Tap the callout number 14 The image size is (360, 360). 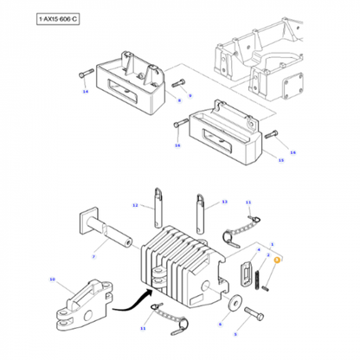point(85,90)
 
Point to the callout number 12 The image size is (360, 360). point(135,205)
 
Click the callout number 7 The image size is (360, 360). point(93,258)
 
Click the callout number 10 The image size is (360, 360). point(52,280)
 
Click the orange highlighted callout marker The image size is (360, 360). point(277,260)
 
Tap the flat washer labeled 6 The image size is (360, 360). point(235,305)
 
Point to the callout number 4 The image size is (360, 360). point(258,251)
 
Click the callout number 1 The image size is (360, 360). point(272,244)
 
